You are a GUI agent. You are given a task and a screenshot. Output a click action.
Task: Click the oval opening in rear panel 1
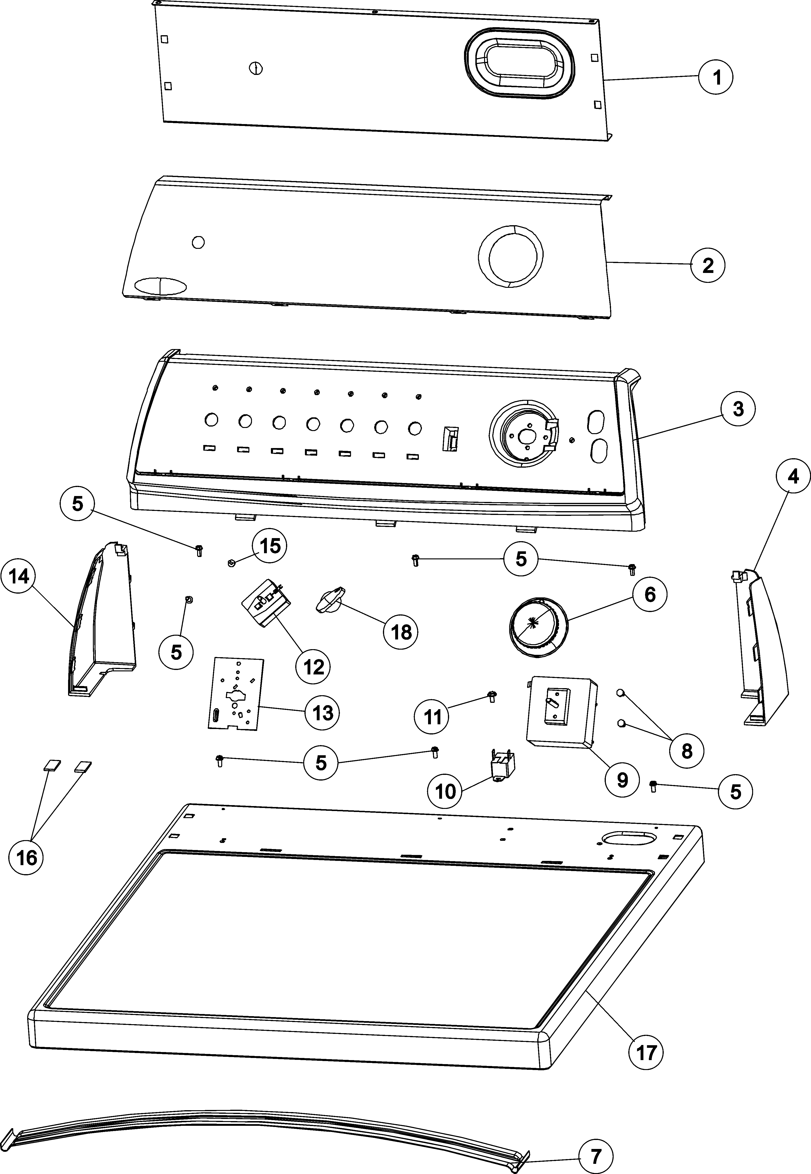519,62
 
